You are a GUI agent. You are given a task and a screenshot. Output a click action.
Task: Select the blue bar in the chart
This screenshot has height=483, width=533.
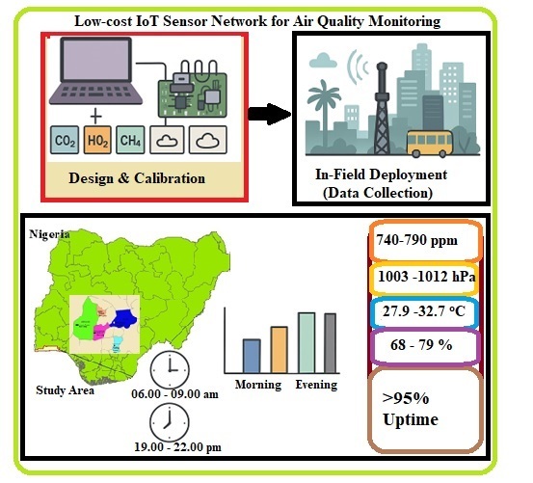click(x=250, y=355)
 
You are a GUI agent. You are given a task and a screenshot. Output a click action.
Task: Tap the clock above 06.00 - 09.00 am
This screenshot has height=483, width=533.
click(x=169, y=367)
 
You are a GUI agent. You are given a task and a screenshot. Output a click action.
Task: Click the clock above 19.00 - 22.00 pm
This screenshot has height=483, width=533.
click(x=169, y=422)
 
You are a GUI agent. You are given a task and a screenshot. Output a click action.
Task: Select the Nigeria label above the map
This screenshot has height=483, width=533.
click(x=50, y=234)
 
